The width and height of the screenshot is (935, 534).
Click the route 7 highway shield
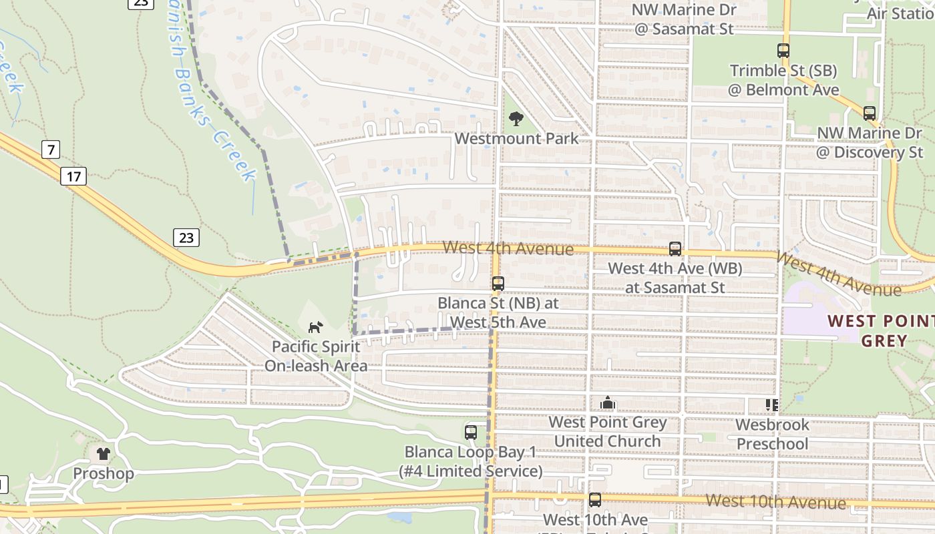click(x=51, y=150)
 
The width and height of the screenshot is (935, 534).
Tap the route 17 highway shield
click(x=73, y=176)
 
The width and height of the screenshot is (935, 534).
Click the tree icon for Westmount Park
click(x=516, y=119)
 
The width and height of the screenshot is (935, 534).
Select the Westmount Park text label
click(x=516, y=139)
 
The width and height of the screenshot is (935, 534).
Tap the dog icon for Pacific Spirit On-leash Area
click(x=315, y=327)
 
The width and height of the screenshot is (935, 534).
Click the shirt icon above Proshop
click(x=103, y=454)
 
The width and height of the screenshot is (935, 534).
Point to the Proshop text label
click(x=103, y=474)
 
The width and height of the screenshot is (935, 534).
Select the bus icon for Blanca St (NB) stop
click(x=498, y=283)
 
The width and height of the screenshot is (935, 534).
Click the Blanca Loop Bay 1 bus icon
click(x=471, y=432)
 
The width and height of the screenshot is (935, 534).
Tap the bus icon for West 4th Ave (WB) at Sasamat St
click(x=675, y=249)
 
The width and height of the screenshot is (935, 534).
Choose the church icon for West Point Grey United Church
click(x=608, y=403)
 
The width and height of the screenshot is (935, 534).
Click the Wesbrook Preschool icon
click(x=772, y=405)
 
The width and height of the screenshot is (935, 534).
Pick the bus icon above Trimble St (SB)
click(x=783, y=50)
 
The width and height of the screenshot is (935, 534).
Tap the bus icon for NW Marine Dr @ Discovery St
click(x=869, y=113)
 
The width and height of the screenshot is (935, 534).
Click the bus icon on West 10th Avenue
click(x=594, y=499)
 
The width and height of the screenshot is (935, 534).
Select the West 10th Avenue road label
click(x=775, y=501)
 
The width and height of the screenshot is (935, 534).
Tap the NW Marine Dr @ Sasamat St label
click(x=684, y=19)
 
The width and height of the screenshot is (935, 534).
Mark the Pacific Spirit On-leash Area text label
click(x=315, y=356)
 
